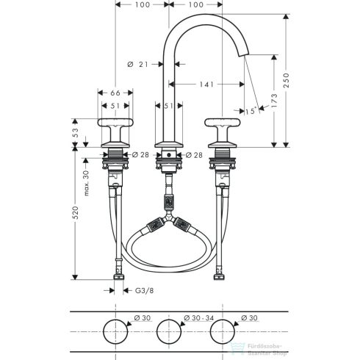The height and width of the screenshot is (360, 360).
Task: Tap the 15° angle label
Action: [251, 110]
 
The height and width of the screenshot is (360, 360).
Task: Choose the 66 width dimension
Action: [115, 93]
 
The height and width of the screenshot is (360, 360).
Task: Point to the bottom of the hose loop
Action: [169, 270]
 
